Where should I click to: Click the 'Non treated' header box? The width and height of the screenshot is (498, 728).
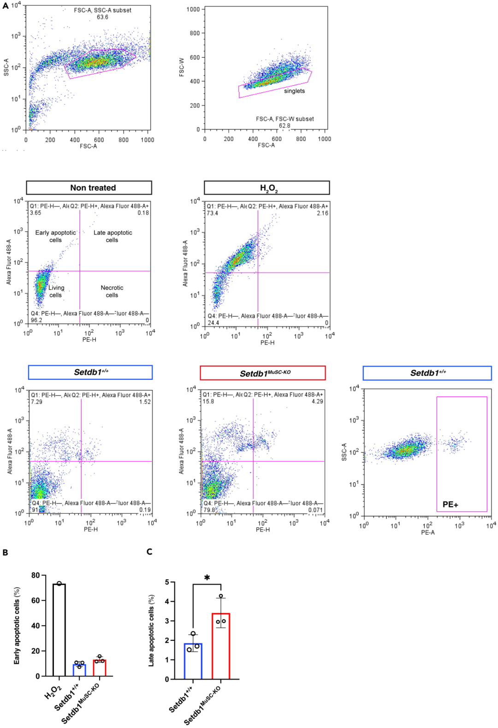89,188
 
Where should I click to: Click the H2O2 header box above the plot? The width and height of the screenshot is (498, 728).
267,188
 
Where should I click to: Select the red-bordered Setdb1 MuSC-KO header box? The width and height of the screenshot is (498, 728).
263,373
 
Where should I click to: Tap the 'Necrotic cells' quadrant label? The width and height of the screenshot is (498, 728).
112,291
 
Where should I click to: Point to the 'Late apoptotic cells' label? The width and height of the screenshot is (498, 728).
113,236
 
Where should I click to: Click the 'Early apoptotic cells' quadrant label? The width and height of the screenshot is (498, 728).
55,236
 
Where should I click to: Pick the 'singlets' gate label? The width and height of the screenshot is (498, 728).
294,91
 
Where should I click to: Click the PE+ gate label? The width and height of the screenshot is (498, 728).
450,504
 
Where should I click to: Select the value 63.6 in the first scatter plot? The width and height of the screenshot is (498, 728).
102,17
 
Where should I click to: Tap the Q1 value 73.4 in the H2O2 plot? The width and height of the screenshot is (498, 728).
213,213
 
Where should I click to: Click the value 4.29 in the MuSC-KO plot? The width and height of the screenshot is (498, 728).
317,402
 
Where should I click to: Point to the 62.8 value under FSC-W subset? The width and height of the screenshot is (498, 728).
285,125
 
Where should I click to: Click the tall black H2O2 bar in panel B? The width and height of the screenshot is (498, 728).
59,630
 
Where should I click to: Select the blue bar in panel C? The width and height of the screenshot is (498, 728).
193,661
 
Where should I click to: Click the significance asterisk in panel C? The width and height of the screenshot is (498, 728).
207,578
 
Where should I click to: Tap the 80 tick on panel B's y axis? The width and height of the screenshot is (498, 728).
36,575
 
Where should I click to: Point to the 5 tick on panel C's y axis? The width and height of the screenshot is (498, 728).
167,582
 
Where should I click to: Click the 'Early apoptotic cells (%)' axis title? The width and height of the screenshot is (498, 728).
17,626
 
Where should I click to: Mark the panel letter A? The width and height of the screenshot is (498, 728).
6,6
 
